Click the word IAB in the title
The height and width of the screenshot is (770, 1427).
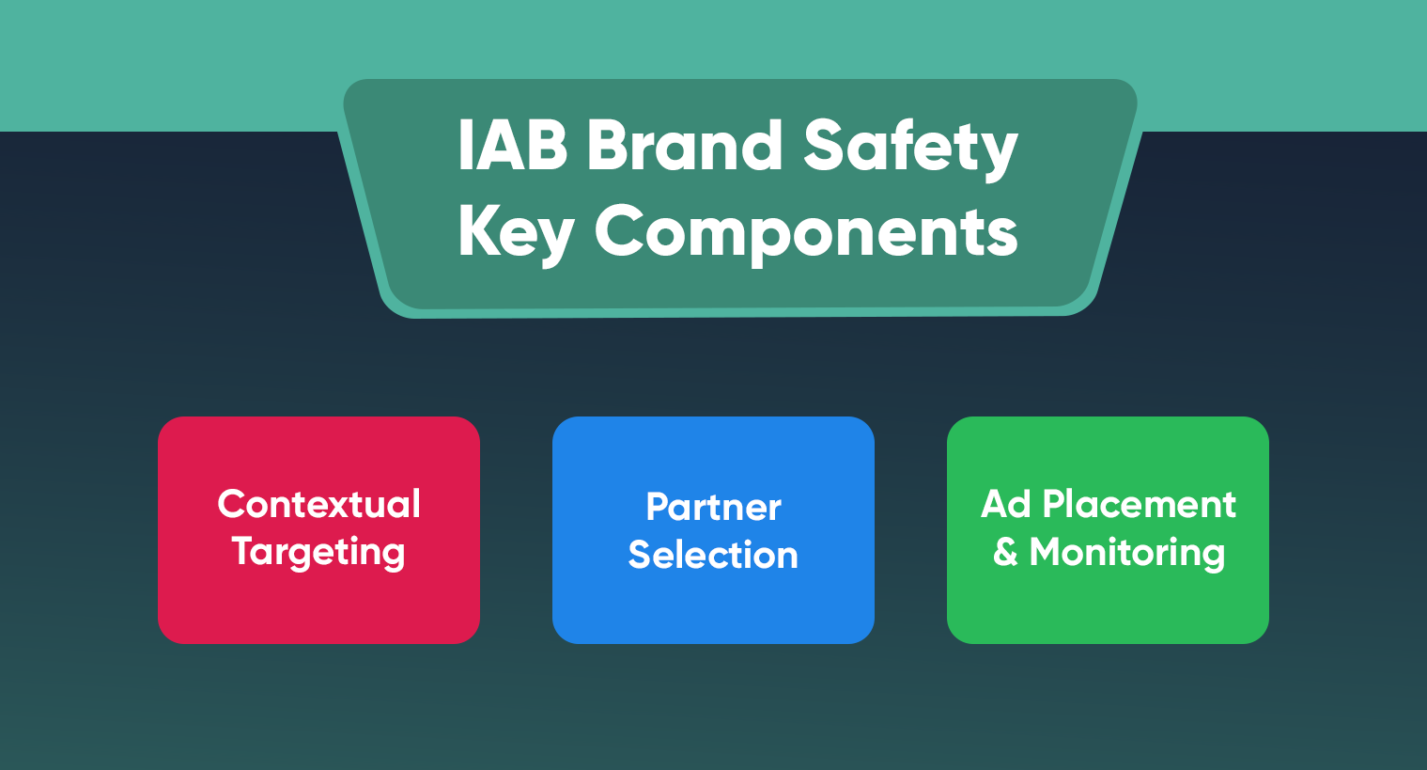[512, 146]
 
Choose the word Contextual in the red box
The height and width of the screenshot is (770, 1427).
[318, 504]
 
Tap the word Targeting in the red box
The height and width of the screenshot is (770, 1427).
[318, 553]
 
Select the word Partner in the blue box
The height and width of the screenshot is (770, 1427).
[713, 508]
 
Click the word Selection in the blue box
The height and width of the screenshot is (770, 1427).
[713, 555]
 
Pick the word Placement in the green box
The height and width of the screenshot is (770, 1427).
[1139, 504]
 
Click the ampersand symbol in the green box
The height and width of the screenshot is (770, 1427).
[1005, 552]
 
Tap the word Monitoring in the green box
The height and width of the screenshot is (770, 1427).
[1127, 553]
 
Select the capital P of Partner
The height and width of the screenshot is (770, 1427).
[657, 508]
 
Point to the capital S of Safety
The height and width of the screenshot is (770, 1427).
[825, 146]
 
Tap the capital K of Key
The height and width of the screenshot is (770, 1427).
[477, 230]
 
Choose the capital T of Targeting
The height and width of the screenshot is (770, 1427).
[243, 551]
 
